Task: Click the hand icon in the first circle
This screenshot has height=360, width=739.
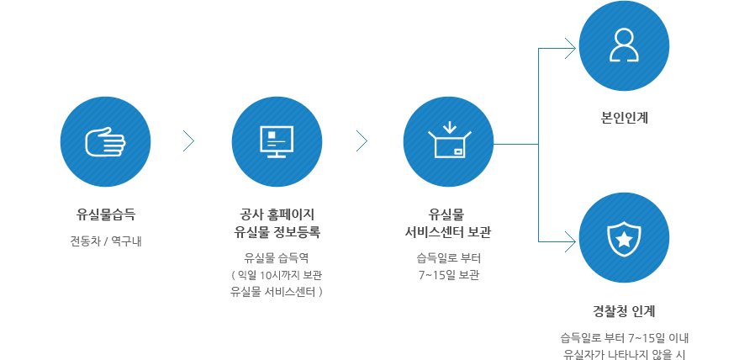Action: (106, 141)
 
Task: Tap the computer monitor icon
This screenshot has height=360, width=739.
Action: (276, 141)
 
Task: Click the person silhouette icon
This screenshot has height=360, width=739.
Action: (624, 46)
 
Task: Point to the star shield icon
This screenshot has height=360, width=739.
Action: (624, 238)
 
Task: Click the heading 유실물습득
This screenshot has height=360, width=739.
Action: (106, 213)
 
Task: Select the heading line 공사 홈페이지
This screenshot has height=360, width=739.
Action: (276, 213)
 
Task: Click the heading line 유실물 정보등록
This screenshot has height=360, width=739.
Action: (276, 230)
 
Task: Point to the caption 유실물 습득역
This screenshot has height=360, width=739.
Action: (276, 257)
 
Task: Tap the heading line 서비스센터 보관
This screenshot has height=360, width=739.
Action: (448, 230)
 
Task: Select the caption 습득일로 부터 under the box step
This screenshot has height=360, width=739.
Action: (448, 257)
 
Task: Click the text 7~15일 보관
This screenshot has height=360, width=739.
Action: (448, 275)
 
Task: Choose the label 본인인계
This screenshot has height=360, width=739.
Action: (624, 118)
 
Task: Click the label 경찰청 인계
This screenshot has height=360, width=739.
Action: (624, 310)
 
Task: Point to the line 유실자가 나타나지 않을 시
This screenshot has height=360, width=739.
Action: (624, 354)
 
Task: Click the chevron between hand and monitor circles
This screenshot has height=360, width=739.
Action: (189, 141)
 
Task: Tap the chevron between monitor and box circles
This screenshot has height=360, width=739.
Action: (362, 141)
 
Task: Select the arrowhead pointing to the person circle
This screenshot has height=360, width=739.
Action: (571, 48)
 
